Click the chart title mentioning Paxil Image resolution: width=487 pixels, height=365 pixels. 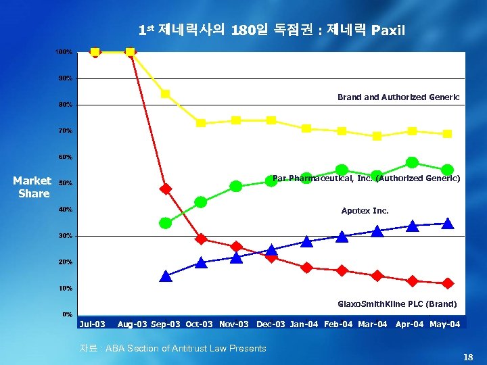pyautogui.click(x=271, y=30)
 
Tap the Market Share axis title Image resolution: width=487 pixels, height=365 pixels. pyautogui.click(x=32, y=187)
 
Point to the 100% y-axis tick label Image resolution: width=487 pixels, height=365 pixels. pyautogui.click(x=64, y=52)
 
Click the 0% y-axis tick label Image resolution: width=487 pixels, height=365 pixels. pyautogui.click(x=68, y=314)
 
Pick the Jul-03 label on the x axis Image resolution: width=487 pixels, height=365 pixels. pyautogui.click(x=93, y=324)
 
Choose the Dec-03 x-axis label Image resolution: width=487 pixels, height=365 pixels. pyautogui.click(x=271, y=324)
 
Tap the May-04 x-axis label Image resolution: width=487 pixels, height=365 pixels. pyautogui.click(x=445, y=324)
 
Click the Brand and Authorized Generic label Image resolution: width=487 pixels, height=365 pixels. pyautogui.click(x=398, y=97)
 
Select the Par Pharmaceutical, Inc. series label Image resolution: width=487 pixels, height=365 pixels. pyautogui.click(x=366, y=178)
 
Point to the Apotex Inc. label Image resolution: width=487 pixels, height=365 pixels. pyautogui.click(x=365, y=211)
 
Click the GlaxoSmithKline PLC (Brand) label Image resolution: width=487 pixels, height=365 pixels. pyautogui.click(x=397, y=304)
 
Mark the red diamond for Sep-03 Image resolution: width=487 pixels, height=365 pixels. pyautogui.click(x=166, y=189)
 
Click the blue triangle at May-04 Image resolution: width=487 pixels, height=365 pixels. pyautogui.click(x=447, y=223)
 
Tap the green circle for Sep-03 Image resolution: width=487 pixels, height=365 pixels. pyautogui.click(x=166, y=223)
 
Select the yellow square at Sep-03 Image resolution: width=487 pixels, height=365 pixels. pyautogui.click(x=166, y=94)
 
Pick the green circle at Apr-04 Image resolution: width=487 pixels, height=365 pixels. pyautogui.click(x=412, y=162)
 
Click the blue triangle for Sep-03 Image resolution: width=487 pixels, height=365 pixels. pyautogui.click(x=166, y=276)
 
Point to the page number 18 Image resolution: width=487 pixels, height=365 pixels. pyautogui.click(x=468, y=356)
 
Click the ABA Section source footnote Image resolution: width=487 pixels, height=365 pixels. pyautogui.click(x=173, y=348)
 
